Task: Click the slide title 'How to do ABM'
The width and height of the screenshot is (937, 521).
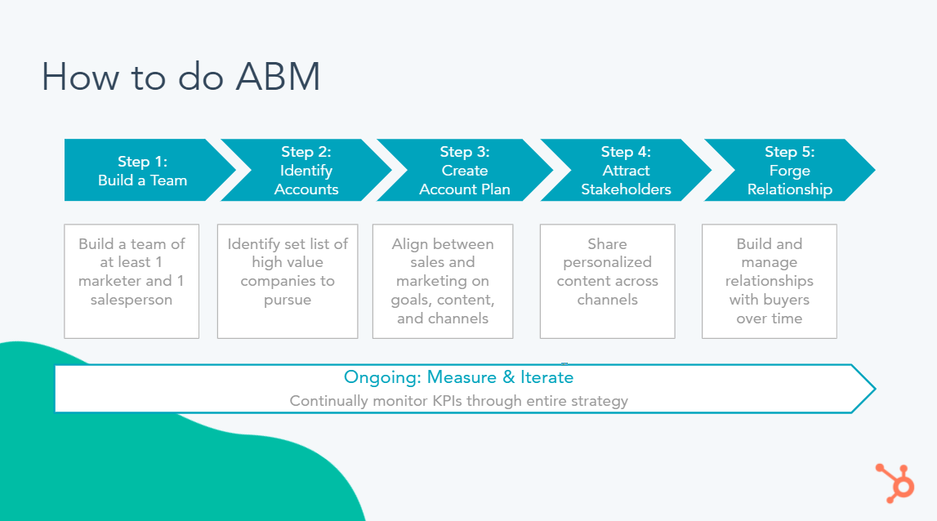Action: pos(181,77)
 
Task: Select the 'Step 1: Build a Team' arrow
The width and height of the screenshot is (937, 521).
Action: pos(149,171)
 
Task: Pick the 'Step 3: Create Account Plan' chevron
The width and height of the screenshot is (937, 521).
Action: pos(465,171)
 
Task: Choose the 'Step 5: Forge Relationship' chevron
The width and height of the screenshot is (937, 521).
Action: pos(789,171)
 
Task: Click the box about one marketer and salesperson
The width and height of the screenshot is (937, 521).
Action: pos(132,282)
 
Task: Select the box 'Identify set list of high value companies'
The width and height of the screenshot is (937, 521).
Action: pos(288,282)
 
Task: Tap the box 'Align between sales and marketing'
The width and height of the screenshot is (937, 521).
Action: pos(443,282)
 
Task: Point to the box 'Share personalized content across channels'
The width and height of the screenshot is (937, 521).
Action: pos(607,282)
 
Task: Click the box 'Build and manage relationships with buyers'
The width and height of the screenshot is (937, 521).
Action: pos(769,282)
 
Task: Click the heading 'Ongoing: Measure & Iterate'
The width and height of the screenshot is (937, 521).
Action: pos(458,377)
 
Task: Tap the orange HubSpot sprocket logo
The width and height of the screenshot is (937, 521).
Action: pos(895,483)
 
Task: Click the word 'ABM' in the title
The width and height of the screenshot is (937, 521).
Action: pos(278,77)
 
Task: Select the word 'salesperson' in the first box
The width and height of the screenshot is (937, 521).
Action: pos(132,300)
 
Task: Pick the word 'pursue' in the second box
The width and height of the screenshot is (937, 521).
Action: pos(288,300)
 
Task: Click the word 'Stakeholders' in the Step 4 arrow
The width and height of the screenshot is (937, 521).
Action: pos(626,189)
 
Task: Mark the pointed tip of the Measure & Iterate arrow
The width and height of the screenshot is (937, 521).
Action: pos(876,389)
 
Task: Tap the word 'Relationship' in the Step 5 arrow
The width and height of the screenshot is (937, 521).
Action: pos(789,189)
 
